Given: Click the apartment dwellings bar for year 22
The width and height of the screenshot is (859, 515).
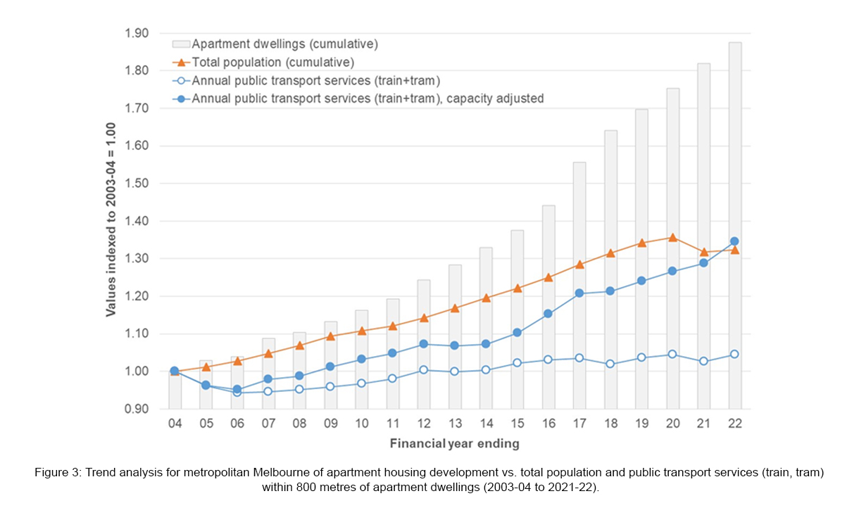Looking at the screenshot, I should tap(734, 225).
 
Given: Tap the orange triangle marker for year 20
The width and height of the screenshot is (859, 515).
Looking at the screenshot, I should tap(672, 238).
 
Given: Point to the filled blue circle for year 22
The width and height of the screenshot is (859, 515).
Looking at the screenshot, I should tap(734, 241).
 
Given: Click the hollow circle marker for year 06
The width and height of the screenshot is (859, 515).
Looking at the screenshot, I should tap(237, 393).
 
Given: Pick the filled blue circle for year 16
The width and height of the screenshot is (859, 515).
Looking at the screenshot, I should tap(548, 314).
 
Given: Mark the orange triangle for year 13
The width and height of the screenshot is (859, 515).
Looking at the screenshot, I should tap(455, 308).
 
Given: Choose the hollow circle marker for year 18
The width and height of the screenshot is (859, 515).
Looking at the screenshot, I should tap(610, 364).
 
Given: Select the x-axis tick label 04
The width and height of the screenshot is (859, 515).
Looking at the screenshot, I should tap(175, 424).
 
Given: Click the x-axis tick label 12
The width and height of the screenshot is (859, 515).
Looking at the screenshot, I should tap(424, 424).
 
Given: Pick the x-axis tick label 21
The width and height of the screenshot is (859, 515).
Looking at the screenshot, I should tap(703, 424).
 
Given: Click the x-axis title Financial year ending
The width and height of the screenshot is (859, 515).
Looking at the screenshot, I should tap(455, 443).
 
